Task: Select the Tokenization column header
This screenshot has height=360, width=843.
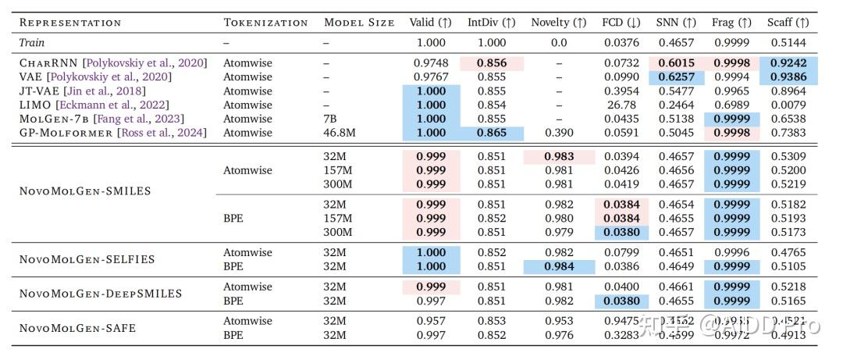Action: click(x=265, y=22)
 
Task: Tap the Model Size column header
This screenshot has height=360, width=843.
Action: click(x=359, y=22)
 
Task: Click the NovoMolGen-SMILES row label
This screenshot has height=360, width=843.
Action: click(x=85, y=191)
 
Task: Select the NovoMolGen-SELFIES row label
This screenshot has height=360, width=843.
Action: click(x=87, y=259)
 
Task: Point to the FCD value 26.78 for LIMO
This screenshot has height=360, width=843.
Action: click(x=621, y=105)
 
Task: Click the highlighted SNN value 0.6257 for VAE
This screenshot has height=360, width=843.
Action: click(x=676, y=77)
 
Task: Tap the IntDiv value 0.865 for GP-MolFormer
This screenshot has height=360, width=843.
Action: click(x=492, y=133)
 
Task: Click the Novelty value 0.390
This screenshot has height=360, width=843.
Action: click(x=558, y=133)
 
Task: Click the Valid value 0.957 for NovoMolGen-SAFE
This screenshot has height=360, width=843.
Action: click(x=431, y=321)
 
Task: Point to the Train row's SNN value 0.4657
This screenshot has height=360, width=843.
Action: click(x=676, y=42)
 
